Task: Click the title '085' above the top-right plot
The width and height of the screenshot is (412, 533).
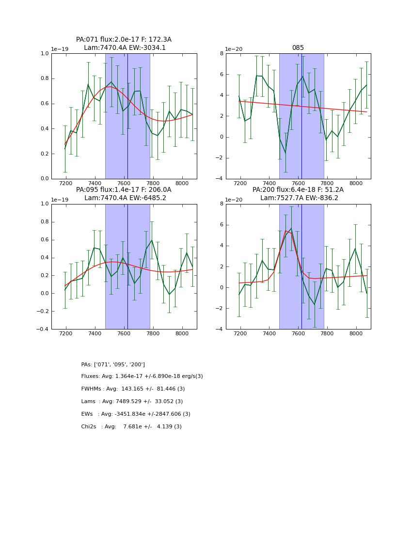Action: (x=298, y=48)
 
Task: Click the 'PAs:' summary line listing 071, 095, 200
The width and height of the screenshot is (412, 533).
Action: (x=113, y=364)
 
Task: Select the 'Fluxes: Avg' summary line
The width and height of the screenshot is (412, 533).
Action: (x=142, y=376)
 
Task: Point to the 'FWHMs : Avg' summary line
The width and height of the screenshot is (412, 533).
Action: (x=133, y=389)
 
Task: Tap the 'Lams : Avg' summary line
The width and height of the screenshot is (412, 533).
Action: (x=132, y=402)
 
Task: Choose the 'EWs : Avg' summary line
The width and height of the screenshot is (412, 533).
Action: (x=136, y=414)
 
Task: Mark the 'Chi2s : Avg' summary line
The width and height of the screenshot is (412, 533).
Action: (x=131, y=427)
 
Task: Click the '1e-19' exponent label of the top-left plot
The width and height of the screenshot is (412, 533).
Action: (x=60, y=49)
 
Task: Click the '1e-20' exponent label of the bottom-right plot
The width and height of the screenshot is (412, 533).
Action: (x=235, y=200)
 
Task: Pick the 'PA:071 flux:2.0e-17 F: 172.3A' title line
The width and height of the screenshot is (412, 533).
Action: (x=124, y=40)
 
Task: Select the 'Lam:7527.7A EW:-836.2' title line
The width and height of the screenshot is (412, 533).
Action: (x=298, y=198)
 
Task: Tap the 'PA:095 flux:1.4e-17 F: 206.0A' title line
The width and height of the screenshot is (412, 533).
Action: (x=124, y=190)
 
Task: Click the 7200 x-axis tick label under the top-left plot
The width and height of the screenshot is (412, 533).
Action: (x=66, y=185)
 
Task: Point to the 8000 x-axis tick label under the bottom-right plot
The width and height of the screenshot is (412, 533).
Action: (x=356, y=335)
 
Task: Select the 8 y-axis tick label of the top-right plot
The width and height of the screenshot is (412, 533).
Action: (x=221, y=53)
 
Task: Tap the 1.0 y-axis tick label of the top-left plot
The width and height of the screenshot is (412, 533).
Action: (x=44, y=53)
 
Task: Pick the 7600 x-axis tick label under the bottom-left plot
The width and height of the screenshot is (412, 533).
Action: (x=124, y=335)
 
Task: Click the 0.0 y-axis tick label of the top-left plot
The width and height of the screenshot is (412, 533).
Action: (x=44, y=179)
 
